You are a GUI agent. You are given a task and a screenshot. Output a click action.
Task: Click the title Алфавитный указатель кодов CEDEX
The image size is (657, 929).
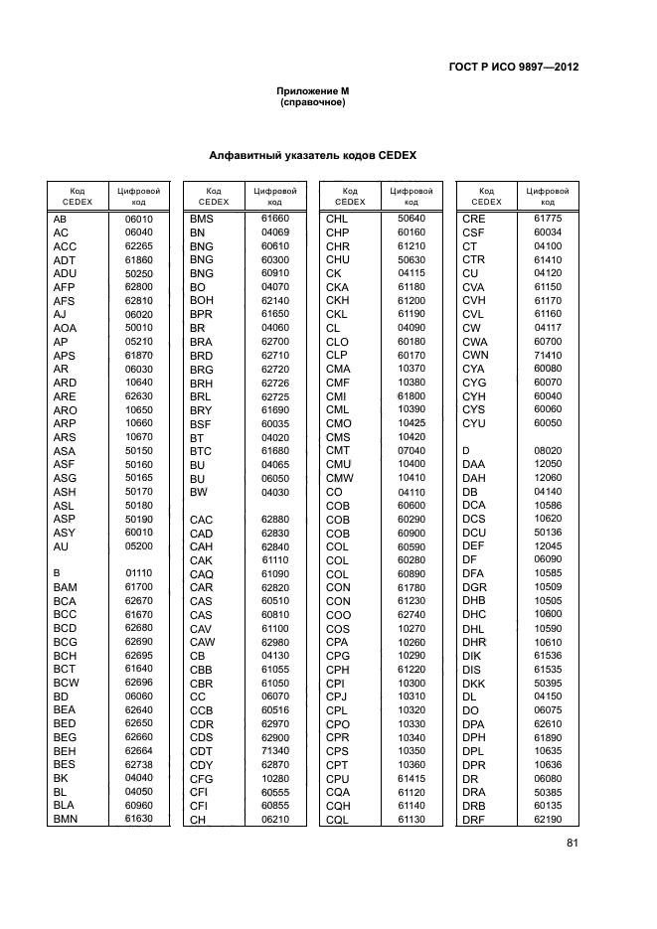click(x=312, y=156)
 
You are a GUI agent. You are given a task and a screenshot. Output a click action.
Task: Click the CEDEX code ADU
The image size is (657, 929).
click(x=65, y=273)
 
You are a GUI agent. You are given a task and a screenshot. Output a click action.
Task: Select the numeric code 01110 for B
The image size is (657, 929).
click(x=138, y=573)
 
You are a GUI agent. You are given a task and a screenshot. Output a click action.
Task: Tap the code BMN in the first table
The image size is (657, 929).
click(x=66, y=819)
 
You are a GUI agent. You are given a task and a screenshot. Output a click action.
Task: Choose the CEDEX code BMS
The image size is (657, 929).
click(x=202, y=219)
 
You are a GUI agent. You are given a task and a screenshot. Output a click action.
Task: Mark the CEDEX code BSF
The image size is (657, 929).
click(x=201, y=423)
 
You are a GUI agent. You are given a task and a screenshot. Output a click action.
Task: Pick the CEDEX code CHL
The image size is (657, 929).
click(x=338, y=219)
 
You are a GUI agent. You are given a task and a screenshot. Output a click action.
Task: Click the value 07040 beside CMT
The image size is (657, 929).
click(x=411, y=450)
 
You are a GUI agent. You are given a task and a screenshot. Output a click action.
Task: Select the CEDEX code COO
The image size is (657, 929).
click(x=338, y=614)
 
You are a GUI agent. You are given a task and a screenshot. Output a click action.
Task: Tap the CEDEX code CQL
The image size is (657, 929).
click(x=338, y=819)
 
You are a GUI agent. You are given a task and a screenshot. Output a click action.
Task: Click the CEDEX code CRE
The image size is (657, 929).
click(x=473, y=219)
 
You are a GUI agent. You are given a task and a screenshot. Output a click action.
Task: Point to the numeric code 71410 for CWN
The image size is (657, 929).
click(x=548, y=355)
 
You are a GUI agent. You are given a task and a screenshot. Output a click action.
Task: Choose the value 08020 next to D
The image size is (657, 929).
click(x=548, y=450)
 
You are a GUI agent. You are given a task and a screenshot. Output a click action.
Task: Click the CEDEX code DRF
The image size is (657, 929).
click(x=473, y=819)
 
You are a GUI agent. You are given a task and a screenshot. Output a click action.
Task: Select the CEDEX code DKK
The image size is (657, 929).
click(x=473, y=683)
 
